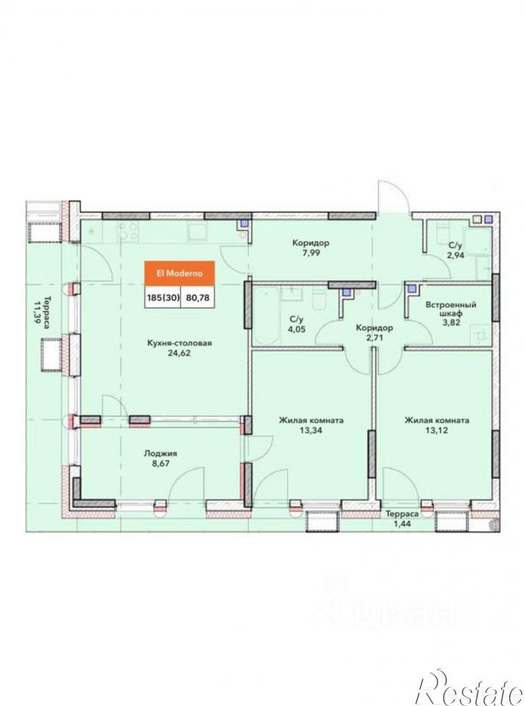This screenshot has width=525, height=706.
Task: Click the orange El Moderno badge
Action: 179,273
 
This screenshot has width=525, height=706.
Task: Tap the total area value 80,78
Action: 198,297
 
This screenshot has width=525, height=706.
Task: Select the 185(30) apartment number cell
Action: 162,297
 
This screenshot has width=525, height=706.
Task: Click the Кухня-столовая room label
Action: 180,343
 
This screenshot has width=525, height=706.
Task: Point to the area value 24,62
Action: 179,353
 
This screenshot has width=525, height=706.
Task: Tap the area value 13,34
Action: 311,430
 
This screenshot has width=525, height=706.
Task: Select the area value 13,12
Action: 437,430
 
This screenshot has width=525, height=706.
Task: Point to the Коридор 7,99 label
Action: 311,248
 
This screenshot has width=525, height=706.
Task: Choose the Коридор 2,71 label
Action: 374,333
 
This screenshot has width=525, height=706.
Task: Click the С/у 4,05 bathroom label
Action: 297,324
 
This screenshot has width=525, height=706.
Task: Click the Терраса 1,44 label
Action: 402,518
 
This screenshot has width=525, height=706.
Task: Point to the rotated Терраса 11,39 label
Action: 43,316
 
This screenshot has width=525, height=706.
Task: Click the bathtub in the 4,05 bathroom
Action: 267,315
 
